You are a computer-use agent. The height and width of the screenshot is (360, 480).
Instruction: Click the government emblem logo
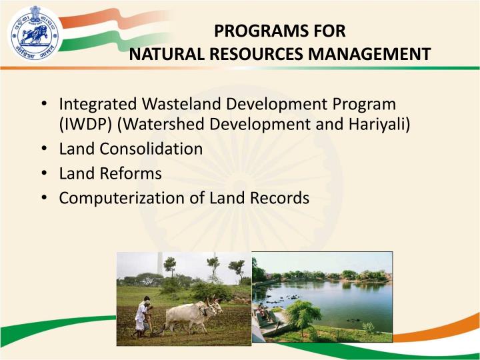(x=34, y=33)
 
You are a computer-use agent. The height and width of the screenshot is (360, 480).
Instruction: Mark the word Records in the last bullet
(x=281, y=198)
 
